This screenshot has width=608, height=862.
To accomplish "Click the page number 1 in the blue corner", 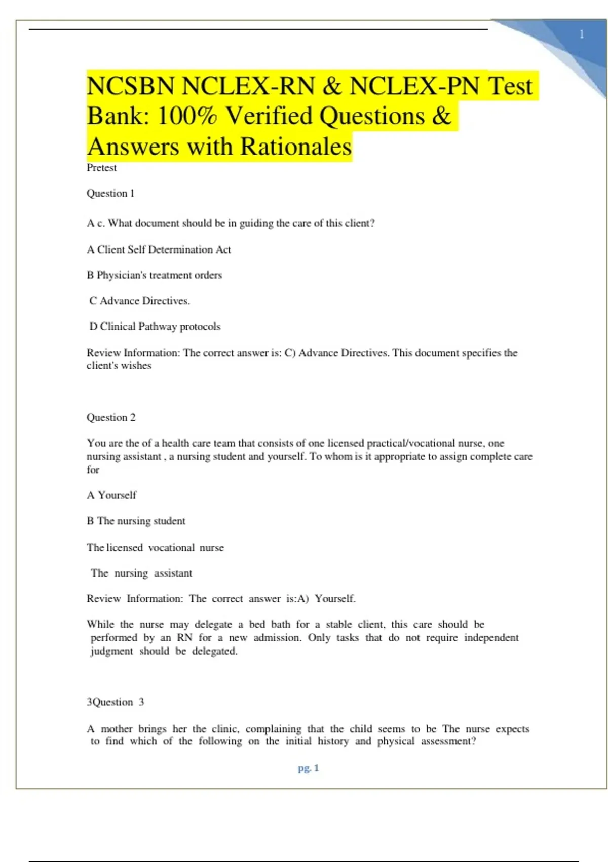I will tap(582, 34).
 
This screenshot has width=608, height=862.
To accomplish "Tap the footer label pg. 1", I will tap(308, 768).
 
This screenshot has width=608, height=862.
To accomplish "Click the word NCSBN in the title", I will tap(130, 86).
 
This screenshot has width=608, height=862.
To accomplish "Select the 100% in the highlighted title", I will tap(187, 116).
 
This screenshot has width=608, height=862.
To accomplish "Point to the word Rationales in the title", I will tap(295, 147).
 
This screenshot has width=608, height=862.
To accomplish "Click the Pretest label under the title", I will tap(101, 168).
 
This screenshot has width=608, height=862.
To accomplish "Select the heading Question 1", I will tap(110, 193).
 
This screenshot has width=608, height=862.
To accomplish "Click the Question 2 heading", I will tap(111, 417).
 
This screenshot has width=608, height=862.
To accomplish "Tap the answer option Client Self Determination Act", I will tap(159, 249).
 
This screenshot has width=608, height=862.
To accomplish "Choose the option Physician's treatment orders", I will tap(154, 275).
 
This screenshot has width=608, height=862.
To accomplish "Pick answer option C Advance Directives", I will tap(139, 301).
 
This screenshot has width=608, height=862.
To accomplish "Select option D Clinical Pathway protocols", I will tap(155, 327).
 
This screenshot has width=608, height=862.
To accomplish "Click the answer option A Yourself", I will tap(111, 495).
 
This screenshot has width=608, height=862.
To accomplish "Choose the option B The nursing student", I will tap(136, 521).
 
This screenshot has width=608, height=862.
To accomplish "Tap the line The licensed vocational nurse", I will tap(155, 548).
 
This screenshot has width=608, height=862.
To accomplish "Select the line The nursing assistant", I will tap(141, 573).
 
